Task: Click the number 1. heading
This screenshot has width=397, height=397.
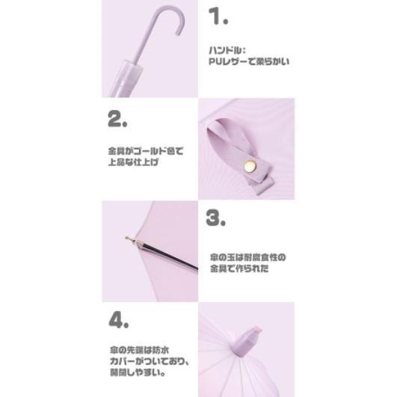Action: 218,16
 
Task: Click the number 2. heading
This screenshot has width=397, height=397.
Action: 117,119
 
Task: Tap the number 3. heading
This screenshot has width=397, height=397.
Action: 215,218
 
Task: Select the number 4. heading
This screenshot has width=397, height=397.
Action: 119,320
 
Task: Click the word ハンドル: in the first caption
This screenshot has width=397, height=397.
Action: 227,50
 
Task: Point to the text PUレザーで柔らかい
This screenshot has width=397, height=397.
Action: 249,61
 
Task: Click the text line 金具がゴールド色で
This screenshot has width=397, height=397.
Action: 146,151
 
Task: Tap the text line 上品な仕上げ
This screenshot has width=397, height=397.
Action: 133,162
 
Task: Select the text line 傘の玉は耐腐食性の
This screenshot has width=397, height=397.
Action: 248,257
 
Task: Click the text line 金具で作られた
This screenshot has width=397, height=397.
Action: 239,268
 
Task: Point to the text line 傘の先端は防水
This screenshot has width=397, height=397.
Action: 139,350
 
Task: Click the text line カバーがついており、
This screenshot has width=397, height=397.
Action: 150,361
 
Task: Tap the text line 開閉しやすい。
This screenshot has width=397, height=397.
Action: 138,372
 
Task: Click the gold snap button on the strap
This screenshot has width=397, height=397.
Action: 250,166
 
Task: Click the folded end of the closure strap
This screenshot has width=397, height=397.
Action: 262,185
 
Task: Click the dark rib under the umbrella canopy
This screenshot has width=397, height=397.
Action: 170,257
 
